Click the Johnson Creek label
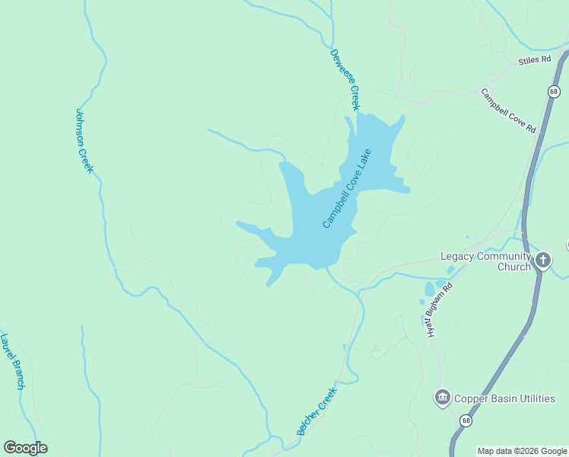(x=84, y=141)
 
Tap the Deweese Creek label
(x=344, y=80)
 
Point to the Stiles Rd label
(x=534, y=59)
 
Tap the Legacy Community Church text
(x=485, y=261)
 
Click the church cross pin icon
(x=542, y=261)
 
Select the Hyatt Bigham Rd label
(x=439, y=310)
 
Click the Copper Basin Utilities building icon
(x=442, y=398)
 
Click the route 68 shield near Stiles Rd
(x=554, y=91)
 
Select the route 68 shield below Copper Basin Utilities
(x=466, y=420)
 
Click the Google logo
(x=25, y=448)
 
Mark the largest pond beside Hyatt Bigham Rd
(x=430, y=289)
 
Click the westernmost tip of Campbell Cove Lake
(x=237, y=224)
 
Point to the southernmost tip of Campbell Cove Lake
(x=268, y=286)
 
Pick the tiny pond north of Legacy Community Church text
(x=469, y=239)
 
